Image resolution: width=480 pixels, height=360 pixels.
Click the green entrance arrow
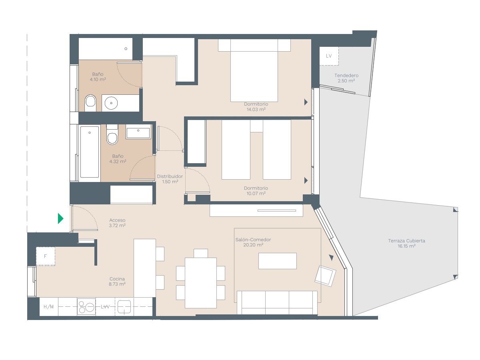(60, 218)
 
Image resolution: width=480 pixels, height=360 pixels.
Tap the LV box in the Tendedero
(329, 56)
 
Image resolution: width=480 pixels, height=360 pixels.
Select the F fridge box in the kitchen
(46, 256)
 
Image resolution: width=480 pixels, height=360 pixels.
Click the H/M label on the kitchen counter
(48, 307)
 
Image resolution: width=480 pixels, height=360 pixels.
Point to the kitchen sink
(124, 306)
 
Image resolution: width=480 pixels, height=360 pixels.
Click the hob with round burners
(86, 307)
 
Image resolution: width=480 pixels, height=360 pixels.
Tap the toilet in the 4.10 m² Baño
(90, 103)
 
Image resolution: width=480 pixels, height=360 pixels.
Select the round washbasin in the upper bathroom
(111, 103)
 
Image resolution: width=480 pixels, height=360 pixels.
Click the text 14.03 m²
(256, 109)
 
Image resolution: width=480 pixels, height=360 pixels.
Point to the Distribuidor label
(170, 176)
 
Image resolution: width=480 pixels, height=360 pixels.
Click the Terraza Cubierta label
(406, 241)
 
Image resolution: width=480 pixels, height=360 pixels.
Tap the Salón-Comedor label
(253, 240)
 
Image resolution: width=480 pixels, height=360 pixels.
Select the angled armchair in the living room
(325, 276)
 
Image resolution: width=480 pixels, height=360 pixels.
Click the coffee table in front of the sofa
(278, 261)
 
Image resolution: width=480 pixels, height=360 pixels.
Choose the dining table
(201, 283)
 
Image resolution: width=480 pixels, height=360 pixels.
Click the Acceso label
(117, 220)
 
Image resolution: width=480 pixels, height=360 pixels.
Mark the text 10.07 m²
(256, 194)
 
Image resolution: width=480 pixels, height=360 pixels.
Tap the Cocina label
(117, 279)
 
